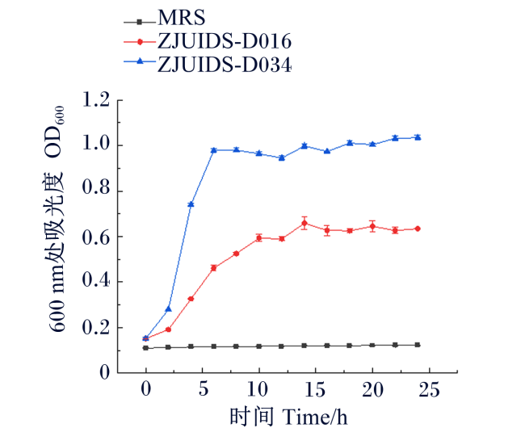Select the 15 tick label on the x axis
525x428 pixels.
[x=315, y=389]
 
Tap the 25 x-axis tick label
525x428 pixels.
[x=429, y=389]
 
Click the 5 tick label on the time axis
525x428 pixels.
[x=203, y=389]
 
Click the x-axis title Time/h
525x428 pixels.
[x=315, y=416]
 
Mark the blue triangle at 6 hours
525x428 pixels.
[x=213, y=150]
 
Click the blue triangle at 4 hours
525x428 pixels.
[x=191, y=204]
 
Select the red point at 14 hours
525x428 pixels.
[x=304, y=223]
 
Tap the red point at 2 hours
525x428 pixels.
[x=169, y=329]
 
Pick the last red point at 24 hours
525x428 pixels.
[x=418, y=229]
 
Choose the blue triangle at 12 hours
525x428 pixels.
[x=282, y=157]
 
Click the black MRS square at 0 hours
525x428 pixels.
[x=145, y=348]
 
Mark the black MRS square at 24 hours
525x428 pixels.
[x=418, y=345]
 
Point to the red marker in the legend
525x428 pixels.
[x=140, y=42]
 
